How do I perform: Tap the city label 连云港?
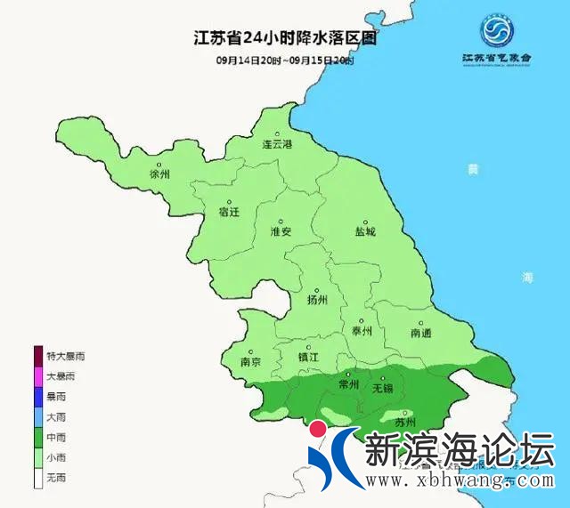click(x=277, y=143)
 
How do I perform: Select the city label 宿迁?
click(x=229, y=212)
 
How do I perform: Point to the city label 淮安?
click(x=281, y=230)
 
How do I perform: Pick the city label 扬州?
click(x=317, y=300)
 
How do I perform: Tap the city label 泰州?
click(x=361, y=331)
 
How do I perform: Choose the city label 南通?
click(x=420, y=333)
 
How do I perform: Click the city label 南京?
click(x=251, y=361)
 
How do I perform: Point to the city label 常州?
click(x=348, y=384)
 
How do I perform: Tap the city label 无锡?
click(x=382, y=388)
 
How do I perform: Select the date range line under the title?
click(x=284, y=60)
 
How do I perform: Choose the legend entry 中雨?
click(x=54, y=437)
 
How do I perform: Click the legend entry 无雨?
click(x=54, y=478)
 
